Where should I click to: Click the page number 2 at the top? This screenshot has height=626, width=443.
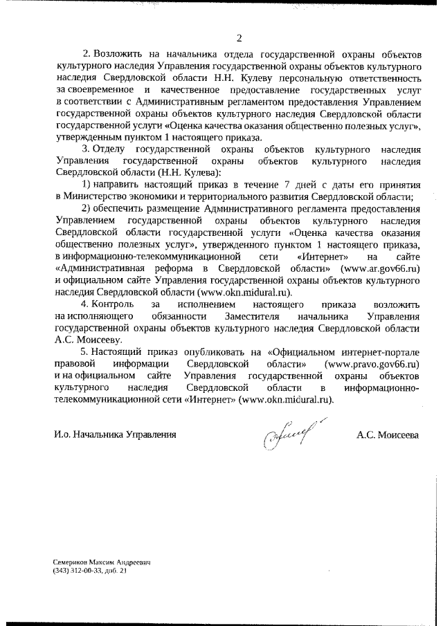pos(239,38)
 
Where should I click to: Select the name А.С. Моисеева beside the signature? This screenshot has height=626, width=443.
pos(388,435)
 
